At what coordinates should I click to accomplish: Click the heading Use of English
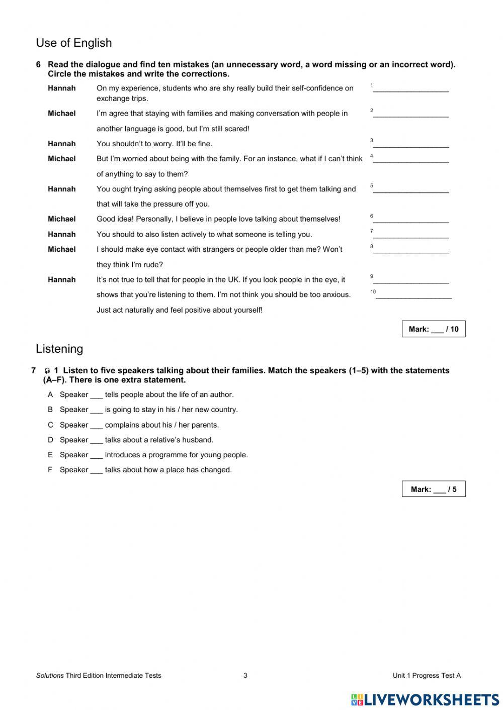tap(74, 43)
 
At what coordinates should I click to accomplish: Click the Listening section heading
tap(59, 349)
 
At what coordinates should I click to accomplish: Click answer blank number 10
tap(413, 296)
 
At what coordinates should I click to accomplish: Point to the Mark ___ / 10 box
tap(433, 329)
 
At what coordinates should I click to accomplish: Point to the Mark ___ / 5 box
tap(433, 489)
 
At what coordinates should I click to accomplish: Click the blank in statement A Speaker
tap(97, 395)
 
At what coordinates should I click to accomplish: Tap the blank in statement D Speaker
tap(97, 441)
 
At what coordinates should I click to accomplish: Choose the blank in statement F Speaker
tap(97, 471)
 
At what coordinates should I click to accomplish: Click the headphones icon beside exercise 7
tap(47, 371)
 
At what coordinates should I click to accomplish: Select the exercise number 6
tap(38, 65)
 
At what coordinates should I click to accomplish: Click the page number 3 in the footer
tap(245, 675)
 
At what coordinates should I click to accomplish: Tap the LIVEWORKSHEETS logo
tap(425, 699)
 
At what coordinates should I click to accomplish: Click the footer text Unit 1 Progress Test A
tap(427, 675)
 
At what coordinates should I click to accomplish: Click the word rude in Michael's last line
tap(153, 265)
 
